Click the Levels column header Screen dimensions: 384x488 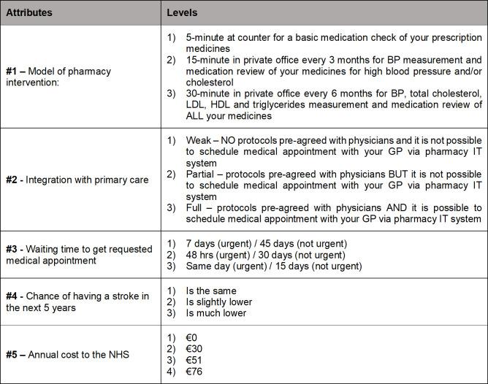pyautogui.click(x=182, y=13)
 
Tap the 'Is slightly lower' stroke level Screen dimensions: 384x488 pyautogui.click(x=219, y=302)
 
